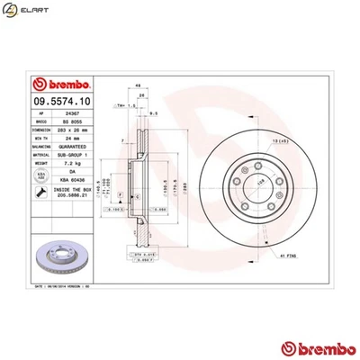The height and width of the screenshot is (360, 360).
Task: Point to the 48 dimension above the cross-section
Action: click(136, 85)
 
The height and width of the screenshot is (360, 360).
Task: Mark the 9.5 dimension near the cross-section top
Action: click(155, 113)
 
